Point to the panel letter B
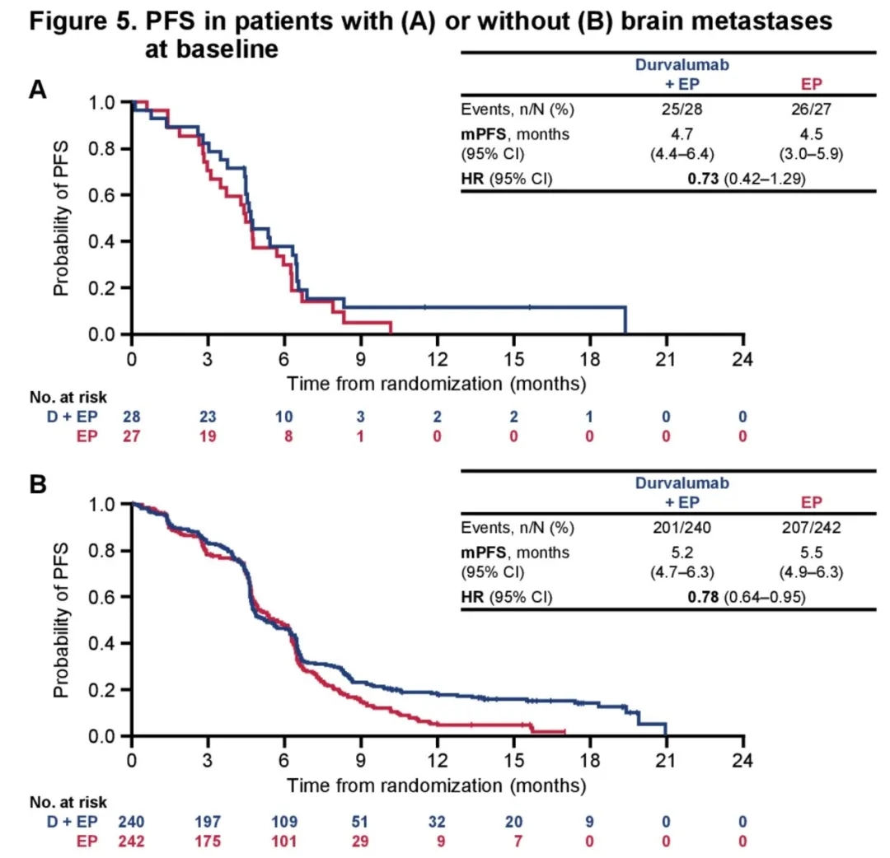tap(37, 485)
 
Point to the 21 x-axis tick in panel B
tap(666, 758)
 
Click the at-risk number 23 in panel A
tap(208, 418)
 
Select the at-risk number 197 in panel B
tap(208, 820)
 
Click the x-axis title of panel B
tap(437, 785)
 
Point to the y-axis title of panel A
tap(62, 219)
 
